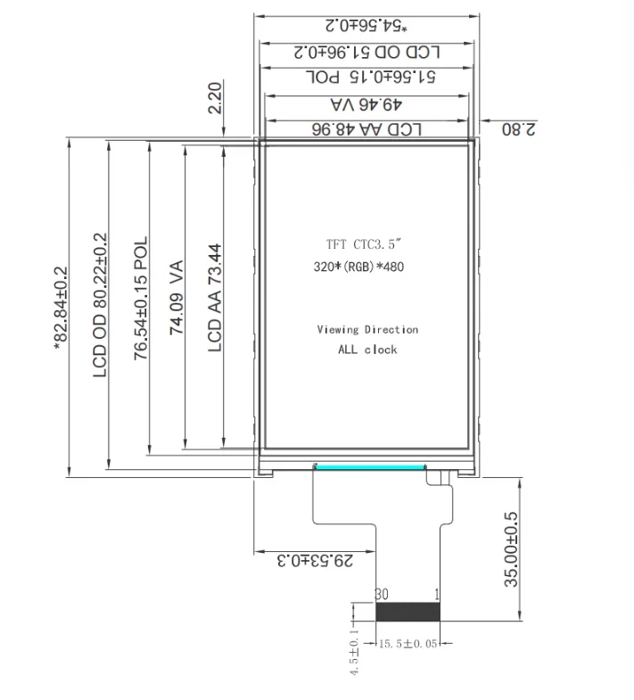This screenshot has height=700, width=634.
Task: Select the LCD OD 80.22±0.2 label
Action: (100, 305)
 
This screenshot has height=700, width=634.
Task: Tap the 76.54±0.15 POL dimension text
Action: (141, 299)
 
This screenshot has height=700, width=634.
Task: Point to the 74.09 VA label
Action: (177, 297)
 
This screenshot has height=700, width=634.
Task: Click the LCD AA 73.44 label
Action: (215, 298)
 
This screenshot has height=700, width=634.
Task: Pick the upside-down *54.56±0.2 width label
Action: (366, 26)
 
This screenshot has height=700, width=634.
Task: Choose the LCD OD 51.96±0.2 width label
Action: (367, 53)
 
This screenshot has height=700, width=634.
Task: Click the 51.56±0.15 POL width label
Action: (371, 77)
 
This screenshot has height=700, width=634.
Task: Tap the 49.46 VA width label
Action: (366, 104)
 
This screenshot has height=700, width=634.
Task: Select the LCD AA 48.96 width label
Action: (366, 129)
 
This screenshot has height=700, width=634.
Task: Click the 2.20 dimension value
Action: (215, 98)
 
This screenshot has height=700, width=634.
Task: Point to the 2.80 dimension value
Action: (519, 129)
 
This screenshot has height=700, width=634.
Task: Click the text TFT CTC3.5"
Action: (364, 244)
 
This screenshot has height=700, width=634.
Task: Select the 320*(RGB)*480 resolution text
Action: (358, 267)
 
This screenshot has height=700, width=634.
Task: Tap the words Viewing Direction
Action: (367, 329)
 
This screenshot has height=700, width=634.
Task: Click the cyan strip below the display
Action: (370, 467)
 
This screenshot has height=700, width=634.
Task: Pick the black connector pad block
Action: (408, 612)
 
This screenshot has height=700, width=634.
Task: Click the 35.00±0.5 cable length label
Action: (512, 549)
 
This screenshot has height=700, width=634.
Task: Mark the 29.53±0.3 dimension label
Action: (315, 560)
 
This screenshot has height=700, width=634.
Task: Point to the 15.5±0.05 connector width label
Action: (408, 644)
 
